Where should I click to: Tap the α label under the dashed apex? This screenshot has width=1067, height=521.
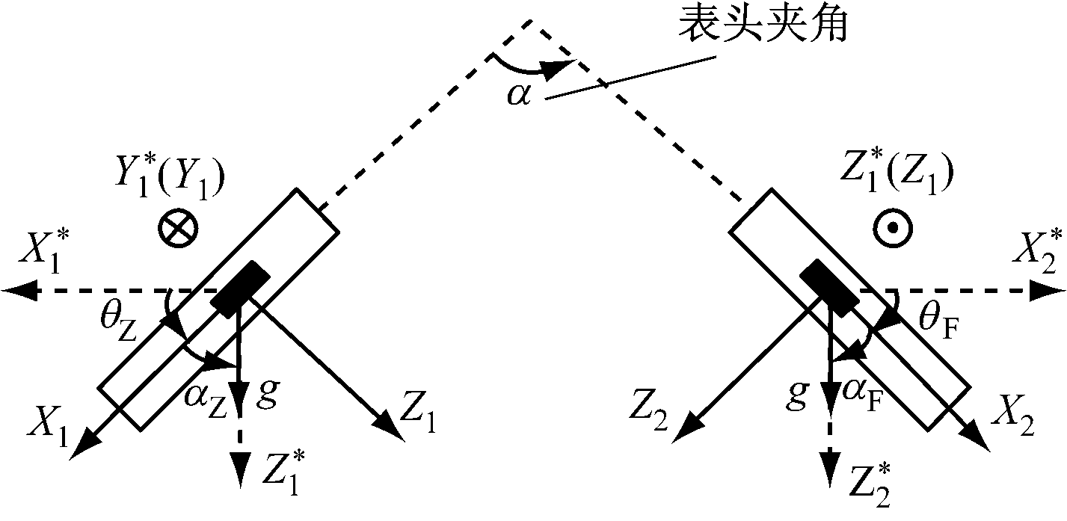coord(518,96)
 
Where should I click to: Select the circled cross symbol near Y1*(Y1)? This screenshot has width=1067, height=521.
coord(178,228)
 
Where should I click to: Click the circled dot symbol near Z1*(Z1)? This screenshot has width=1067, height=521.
coord(893,228)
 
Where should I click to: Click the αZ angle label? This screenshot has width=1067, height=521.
coord(206,402)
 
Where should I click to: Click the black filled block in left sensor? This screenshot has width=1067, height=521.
coord(241,289)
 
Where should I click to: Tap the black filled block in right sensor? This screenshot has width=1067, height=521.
coord(829,289)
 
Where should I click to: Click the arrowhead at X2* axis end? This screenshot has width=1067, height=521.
coord(1048,290)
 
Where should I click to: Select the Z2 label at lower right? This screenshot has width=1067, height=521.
coord(648,410)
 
